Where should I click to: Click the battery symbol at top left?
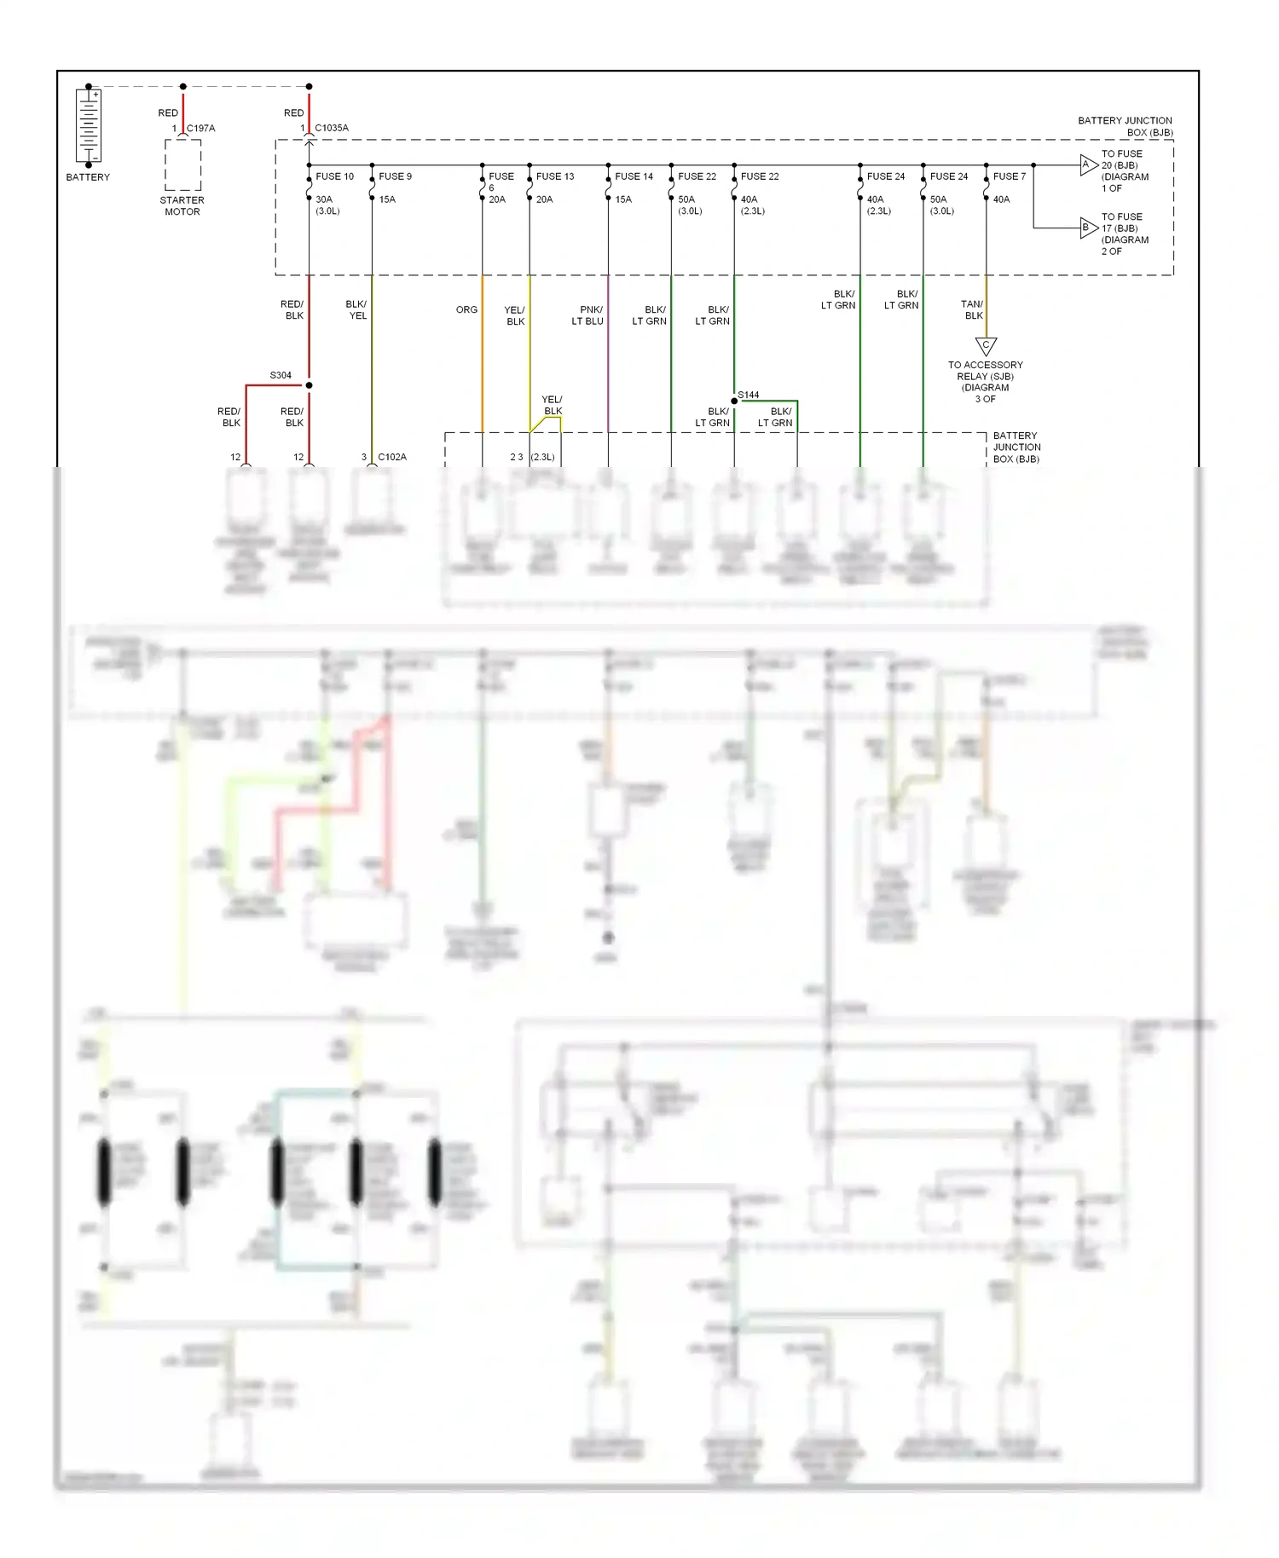(89, 126)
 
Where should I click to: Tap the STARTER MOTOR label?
(182, 206)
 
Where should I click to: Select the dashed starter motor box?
(182, 164)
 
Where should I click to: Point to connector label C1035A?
(331, 128)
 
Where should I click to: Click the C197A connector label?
(200, 128)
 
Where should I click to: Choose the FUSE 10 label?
(334, 176)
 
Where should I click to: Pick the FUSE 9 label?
(395, 176)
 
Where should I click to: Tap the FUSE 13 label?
(555, 176)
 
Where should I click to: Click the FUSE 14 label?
(634, 176)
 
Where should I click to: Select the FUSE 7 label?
(1010, 176)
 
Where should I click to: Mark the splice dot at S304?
(309, 385)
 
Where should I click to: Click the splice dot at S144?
(734, 401)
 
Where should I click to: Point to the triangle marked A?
(1087, 164)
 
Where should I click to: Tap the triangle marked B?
(1087, 228)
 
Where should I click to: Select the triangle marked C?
(986, 346)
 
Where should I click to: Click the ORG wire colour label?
(466, 309)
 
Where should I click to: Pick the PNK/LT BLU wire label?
(588, 315)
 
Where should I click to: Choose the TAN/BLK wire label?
(972, 309)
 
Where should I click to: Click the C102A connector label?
(392, 457)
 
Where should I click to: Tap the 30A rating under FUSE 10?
(324, 199)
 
